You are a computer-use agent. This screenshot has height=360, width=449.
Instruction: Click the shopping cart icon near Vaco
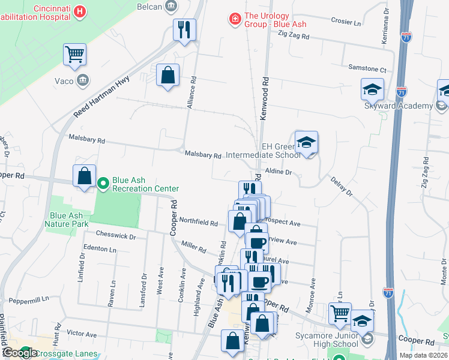(75, 55)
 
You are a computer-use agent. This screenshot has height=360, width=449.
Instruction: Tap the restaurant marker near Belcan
(184, 29)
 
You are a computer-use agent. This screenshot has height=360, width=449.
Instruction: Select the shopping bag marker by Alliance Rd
(168, 76)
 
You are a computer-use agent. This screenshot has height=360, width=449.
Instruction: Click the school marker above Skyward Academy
(372, 89)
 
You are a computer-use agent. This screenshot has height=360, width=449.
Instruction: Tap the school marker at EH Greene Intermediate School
(307, 143)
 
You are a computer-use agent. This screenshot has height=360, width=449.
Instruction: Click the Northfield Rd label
(199, 223)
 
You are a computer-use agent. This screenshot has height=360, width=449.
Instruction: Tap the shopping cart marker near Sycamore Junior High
(340, 313)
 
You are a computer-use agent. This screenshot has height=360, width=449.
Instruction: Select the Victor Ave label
(82, 333)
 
